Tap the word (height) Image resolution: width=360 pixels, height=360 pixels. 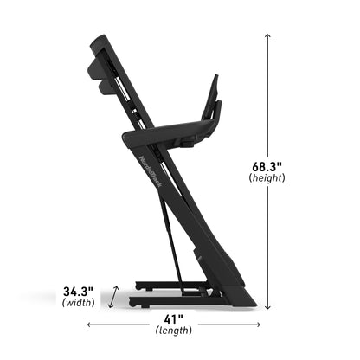(x=267, y=177)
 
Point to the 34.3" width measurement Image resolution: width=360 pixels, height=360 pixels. (x=79, y=291)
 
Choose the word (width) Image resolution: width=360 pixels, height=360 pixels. (x=79, y=304)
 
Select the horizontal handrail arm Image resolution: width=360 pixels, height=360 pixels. (x=169, y=133)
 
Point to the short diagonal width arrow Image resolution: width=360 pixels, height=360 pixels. (x=110, y=298)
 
